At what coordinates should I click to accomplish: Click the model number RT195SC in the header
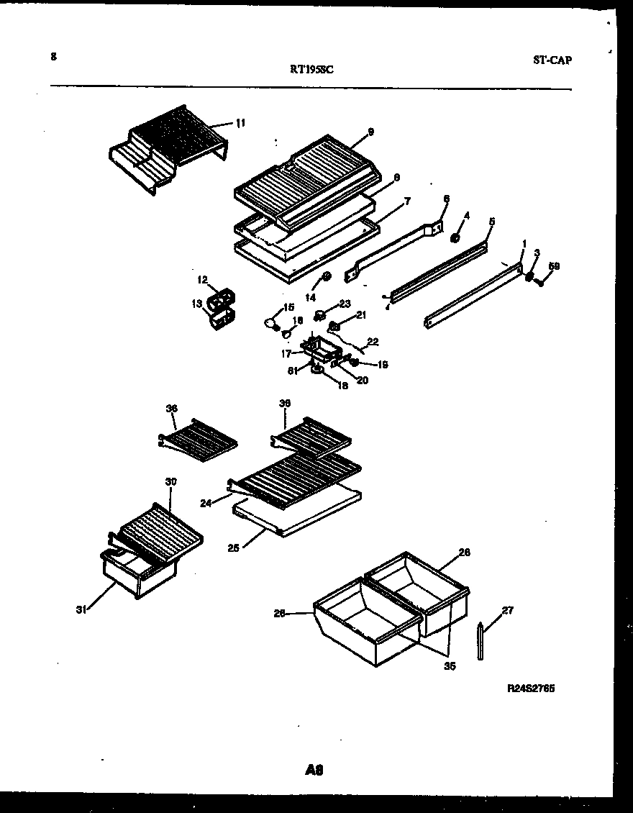point(311,70)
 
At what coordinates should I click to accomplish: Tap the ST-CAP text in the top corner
point(552,60)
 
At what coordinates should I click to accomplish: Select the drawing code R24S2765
point(531,689)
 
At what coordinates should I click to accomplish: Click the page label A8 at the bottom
point(314,770)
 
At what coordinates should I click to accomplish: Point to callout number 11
point(240,123)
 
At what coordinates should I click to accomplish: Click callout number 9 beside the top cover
point(370,132)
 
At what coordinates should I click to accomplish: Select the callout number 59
point(553,266)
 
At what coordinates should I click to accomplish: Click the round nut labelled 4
point(455,238)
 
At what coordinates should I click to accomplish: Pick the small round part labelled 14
point(326,276)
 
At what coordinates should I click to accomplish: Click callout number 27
point(508,611)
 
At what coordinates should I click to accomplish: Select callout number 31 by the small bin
point(81,610)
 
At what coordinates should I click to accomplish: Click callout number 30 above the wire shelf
point(170,481)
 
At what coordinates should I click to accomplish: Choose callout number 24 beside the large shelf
point(206,504)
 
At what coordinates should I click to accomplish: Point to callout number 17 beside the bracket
point(286,353)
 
